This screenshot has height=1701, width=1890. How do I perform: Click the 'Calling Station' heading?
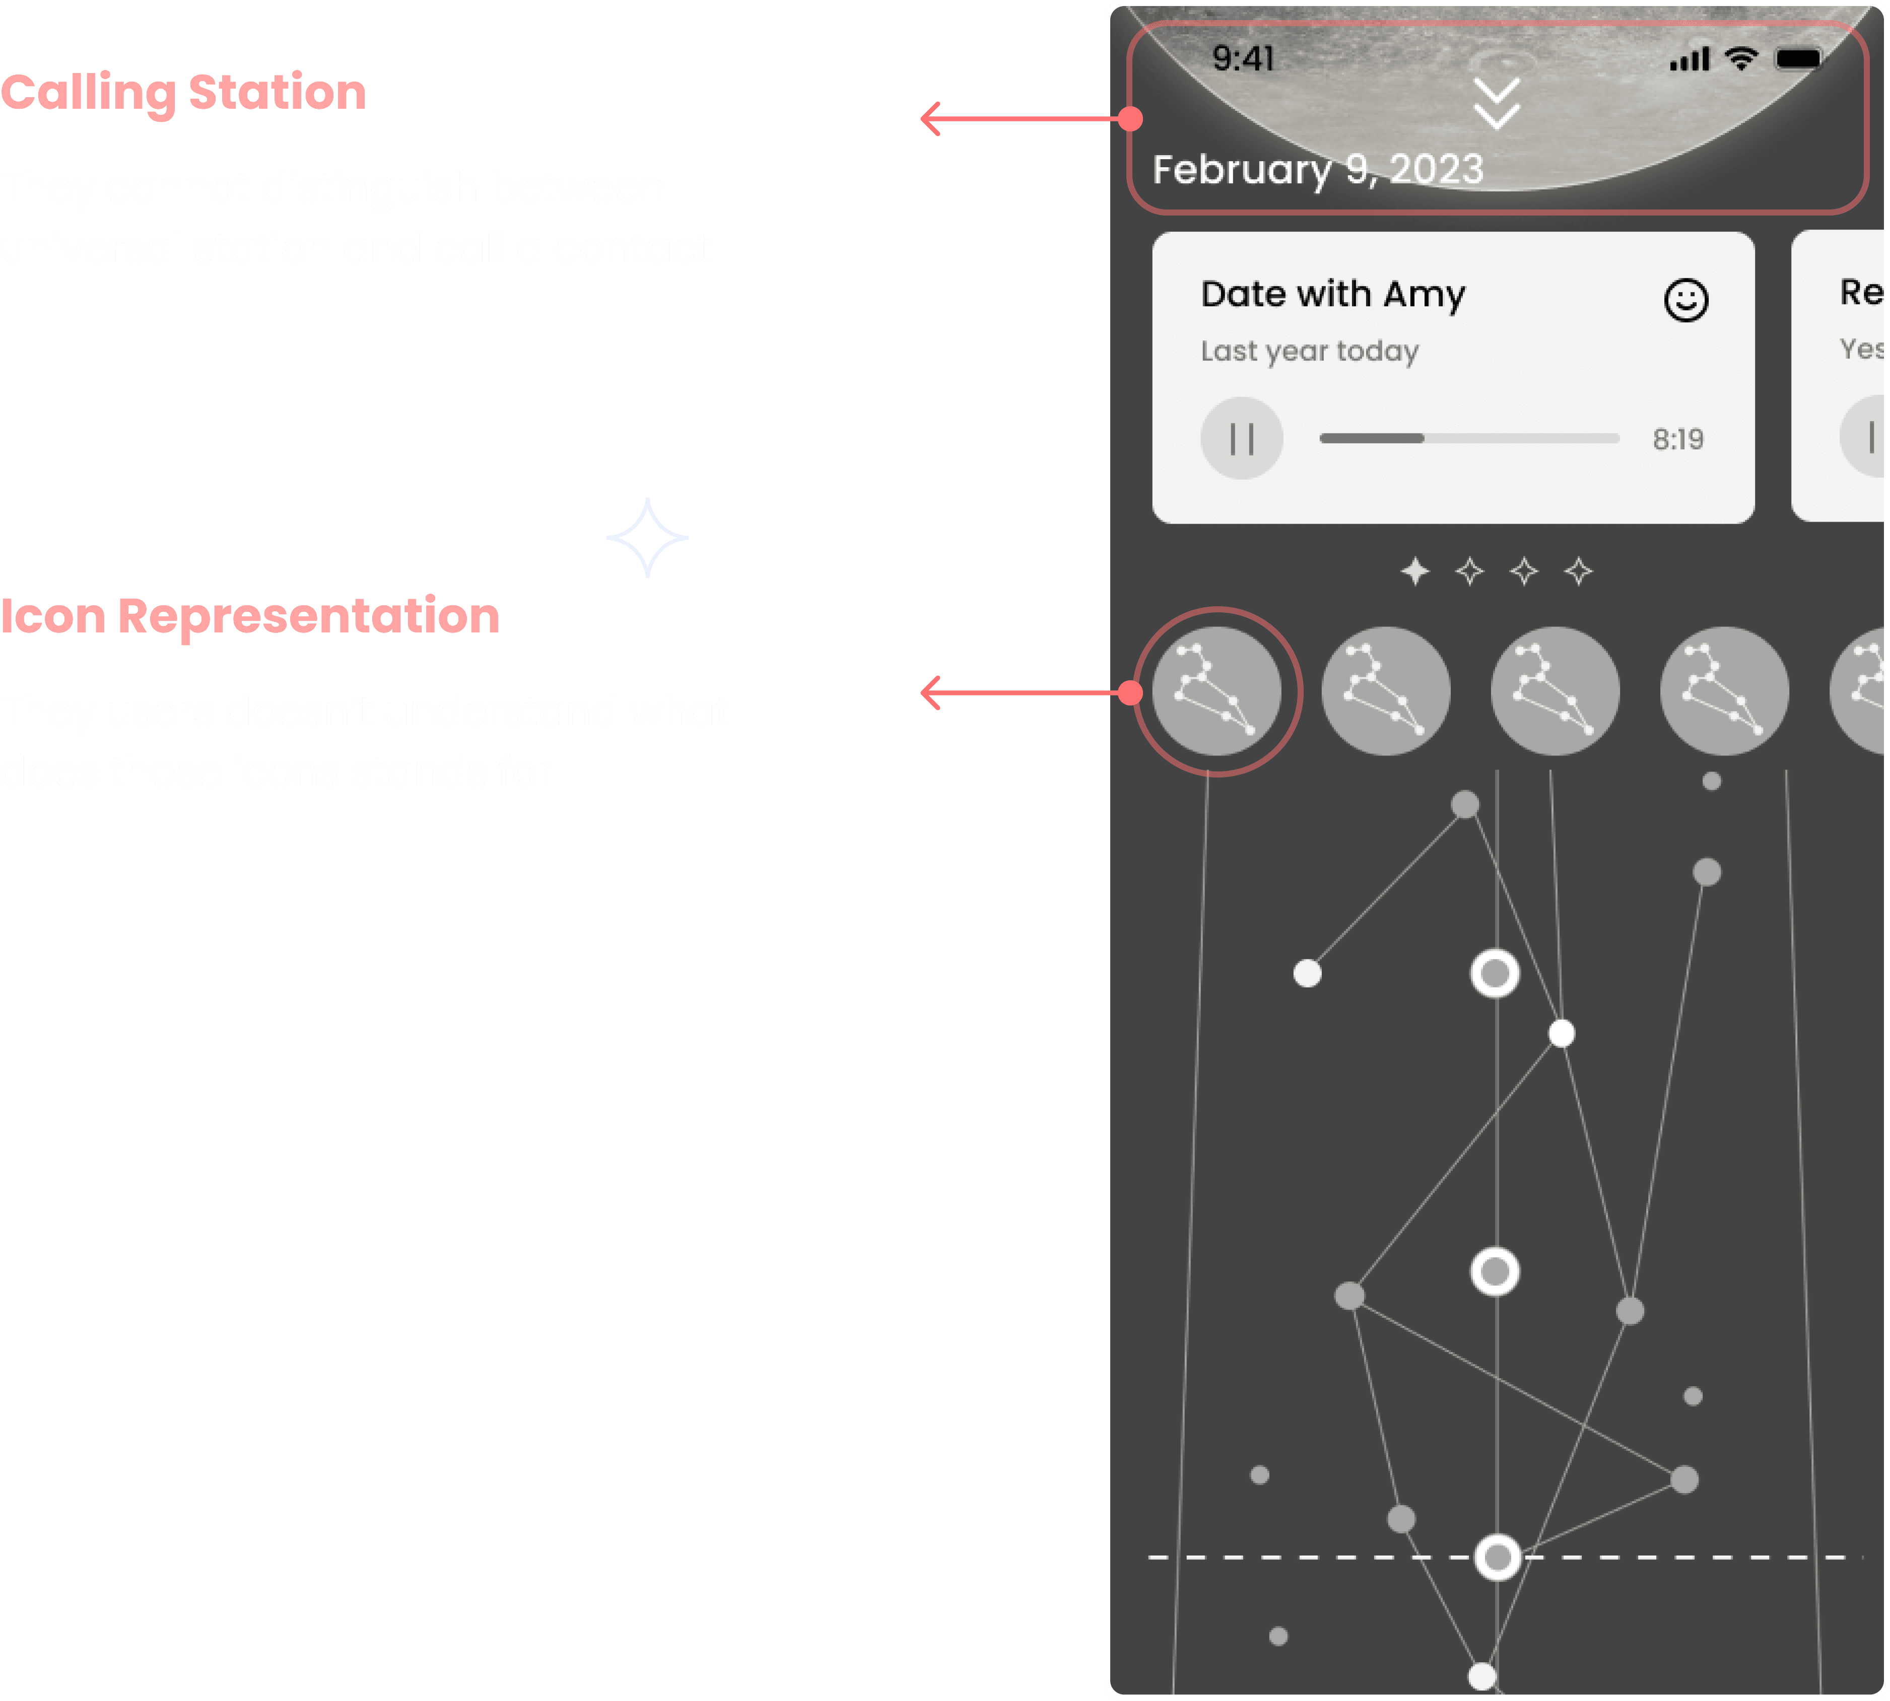pyautogui.click(x=183, y=93)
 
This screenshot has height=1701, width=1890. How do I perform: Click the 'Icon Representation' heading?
pyautogui.click(x=249, y=616)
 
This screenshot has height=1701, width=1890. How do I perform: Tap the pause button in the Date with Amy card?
pyautogui.click(x=1241, y=438)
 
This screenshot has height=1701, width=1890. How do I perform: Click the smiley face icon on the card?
pyautogui.click(x=1686, y=300)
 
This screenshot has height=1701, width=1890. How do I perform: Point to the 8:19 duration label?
pyautogui.click(x=1678, y=439)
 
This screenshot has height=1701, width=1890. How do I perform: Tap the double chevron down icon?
pyautogui.click(x=1497, y=104)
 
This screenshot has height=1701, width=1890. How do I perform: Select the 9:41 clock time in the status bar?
pyautogui.click(x=1243, y=59)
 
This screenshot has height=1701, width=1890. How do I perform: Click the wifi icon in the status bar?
pyautogui.click(x=1740, y=59)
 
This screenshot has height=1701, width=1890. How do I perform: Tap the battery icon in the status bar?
pyautogui.click(x=1798, y=59)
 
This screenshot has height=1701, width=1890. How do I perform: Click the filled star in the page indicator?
pyautogui.click(x=1415, y=571)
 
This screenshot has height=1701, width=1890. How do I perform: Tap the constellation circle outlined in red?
pyautogui.click(x=1217, y=691)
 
